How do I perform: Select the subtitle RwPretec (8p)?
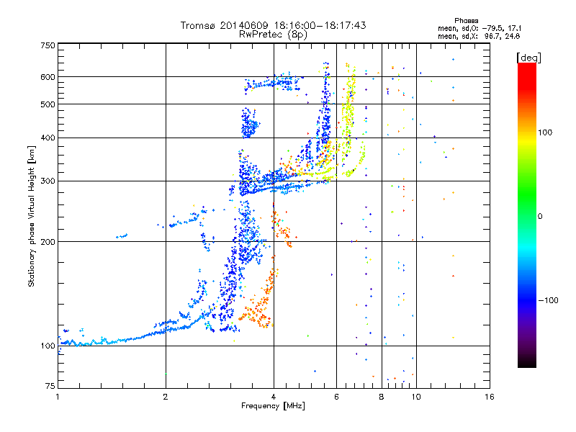273,35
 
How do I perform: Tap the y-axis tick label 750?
48,45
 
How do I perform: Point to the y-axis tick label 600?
48,77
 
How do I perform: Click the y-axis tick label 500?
48,104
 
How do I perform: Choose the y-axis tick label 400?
48,138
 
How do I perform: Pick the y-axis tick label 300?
48,181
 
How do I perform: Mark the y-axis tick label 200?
48,242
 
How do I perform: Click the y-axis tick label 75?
50,386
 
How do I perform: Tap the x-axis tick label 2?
166,397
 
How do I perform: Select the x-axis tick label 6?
336,397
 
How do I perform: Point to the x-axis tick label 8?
382,397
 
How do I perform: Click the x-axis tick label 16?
490,397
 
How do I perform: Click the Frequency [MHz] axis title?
273,406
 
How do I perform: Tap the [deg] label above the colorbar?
528,58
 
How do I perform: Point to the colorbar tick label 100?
545,132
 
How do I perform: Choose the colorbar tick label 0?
540,217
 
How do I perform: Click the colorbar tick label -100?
549,300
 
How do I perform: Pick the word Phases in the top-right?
466,21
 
